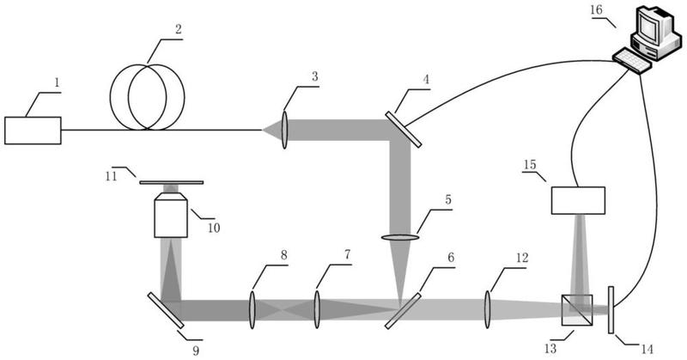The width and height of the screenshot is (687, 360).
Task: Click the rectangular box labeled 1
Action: coord(33,131)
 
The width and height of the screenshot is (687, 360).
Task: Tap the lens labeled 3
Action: coord(284,130)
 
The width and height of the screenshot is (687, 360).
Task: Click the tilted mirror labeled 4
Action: coord(404,130)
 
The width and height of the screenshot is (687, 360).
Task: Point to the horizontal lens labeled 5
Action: coord(399,238)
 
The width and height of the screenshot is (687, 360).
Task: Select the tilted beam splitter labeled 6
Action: coord(403,311)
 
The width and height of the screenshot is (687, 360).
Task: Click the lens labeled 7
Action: coord(317,310)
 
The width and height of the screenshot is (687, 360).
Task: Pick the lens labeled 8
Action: coord(252,310)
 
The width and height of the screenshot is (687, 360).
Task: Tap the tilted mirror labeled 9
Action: coord(166,310)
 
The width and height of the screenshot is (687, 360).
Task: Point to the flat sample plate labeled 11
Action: coord(171,182)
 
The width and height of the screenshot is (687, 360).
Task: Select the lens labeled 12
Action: coord(487,310)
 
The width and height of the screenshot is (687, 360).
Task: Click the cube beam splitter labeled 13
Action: coord(577,310)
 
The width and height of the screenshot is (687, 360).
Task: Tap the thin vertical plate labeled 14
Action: coord(611,310)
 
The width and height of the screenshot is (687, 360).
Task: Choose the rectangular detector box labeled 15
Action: coord(578,200)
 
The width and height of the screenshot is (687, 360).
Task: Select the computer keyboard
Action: coord(631,61)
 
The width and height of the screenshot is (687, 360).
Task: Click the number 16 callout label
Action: coord(596,9)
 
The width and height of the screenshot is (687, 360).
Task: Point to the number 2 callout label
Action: coord(178,29)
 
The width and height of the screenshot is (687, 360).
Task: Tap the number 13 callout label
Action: coord(550,349)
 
